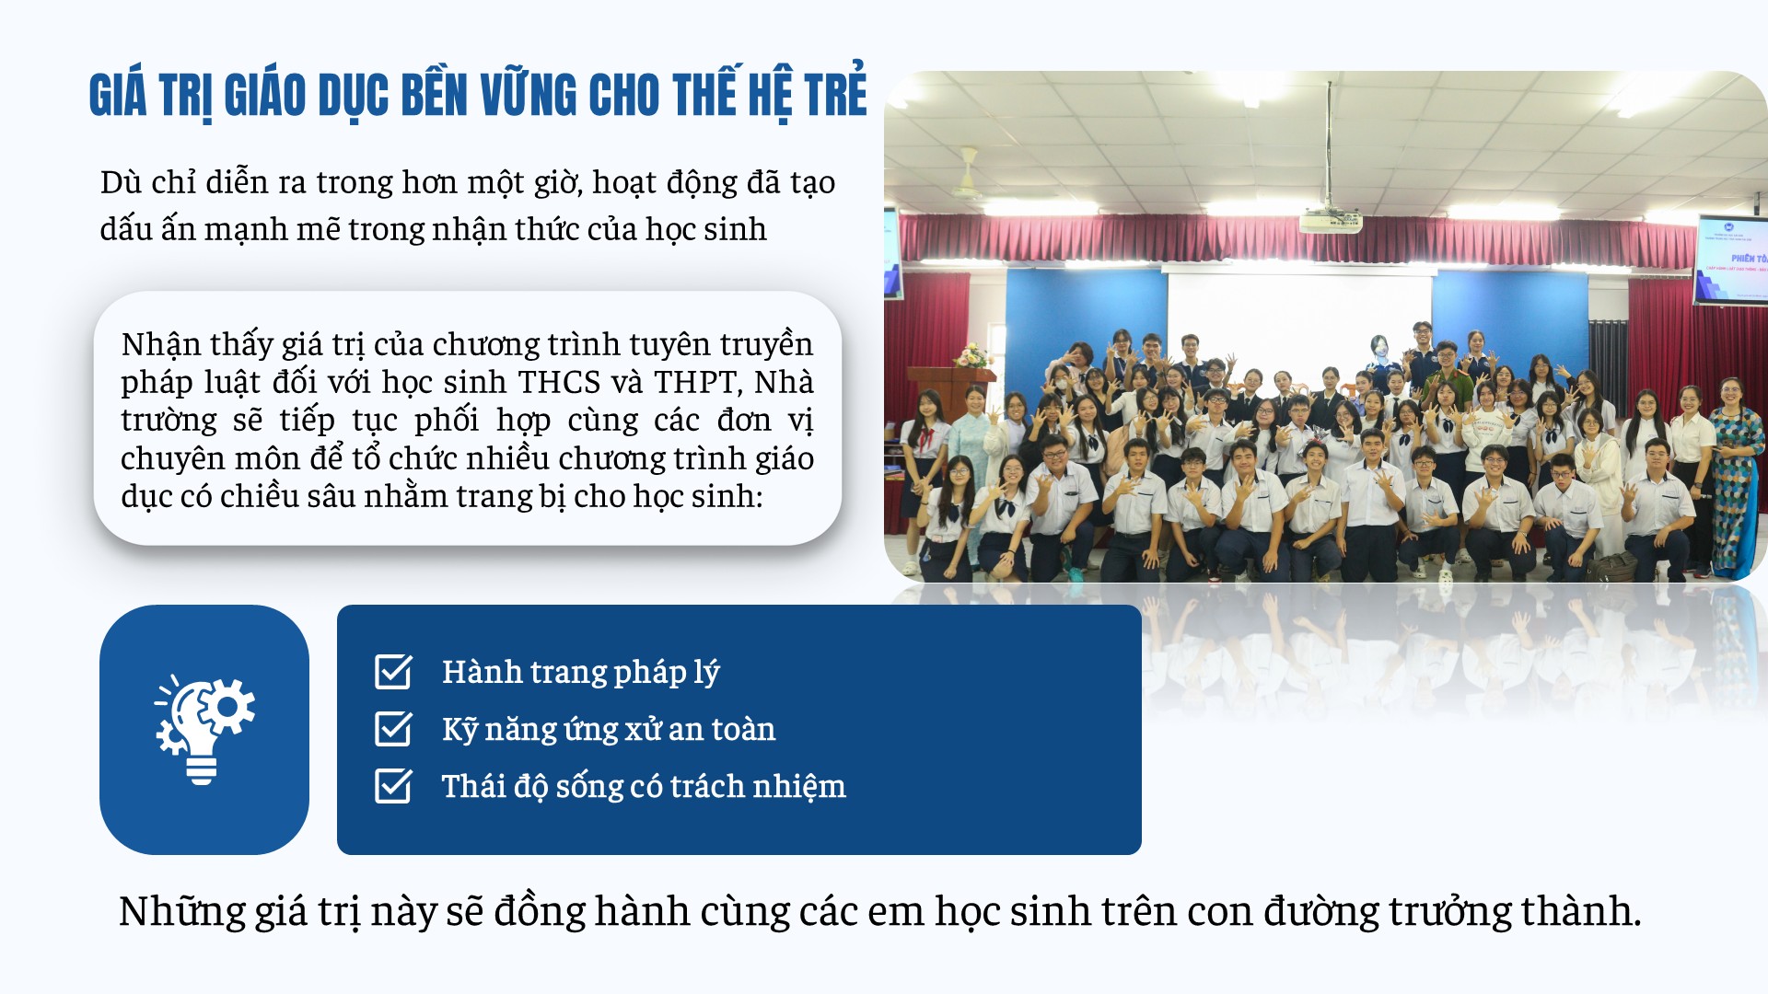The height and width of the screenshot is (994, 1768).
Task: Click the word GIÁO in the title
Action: pos(265,96)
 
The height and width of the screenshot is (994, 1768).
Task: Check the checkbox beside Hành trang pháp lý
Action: pos(393,672)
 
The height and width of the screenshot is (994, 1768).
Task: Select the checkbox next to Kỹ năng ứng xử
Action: pos(393,729)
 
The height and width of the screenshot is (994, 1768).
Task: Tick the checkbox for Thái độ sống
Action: pos(393,786)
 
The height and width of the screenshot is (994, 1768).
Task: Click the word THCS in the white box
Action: pos(560,382)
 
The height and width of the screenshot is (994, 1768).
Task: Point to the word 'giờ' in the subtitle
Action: pos(558,183)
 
